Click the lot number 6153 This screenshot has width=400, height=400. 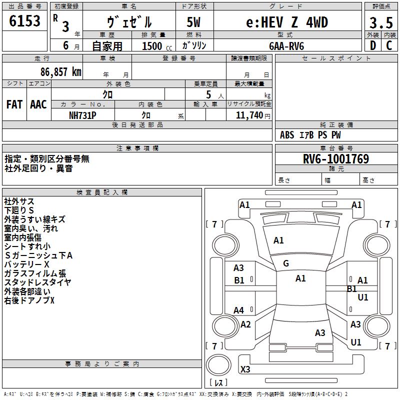(24, 21)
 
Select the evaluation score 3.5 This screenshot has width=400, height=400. (381, 22)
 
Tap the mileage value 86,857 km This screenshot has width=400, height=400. (61, 72)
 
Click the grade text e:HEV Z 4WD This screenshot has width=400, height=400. (287, 22)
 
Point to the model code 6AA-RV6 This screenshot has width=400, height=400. (286, 46)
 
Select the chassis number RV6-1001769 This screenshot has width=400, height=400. (336, 159)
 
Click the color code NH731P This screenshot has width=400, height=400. (82, 115)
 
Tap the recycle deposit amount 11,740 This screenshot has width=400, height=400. (249, 115)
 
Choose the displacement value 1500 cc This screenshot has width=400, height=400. (157, 46)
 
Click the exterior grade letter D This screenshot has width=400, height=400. (373, 45)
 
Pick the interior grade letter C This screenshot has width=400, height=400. (389, 45)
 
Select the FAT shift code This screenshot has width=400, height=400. (14, 104)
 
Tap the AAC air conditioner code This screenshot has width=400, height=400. (38, 104)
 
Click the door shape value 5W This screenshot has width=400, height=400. (193, 22)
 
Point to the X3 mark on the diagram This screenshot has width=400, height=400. (245, 369)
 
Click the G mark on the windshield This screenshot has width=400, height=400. (286, 263)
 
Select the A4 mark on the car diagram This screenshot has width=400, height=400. (238, 310)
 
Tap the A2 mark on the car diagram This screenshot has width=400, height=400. (245, 324)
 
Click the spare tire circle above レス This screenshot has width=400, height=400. (218, 365)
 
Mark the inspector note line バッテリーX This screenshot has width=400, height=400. (27, 264)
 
